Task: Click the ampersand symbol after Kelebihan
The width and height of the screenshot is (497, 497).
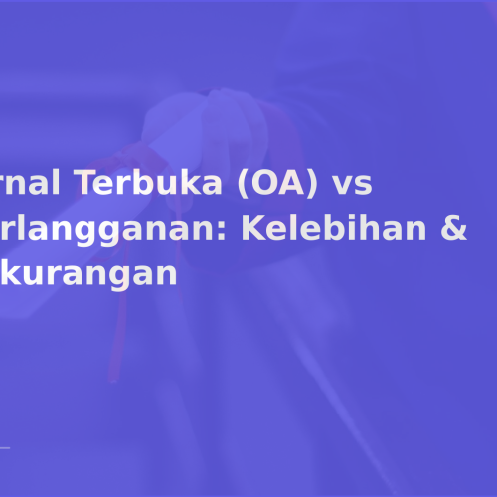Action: point(453,229)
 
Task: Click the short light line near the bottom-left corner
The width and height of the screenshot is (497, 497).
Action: point(5,448)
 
